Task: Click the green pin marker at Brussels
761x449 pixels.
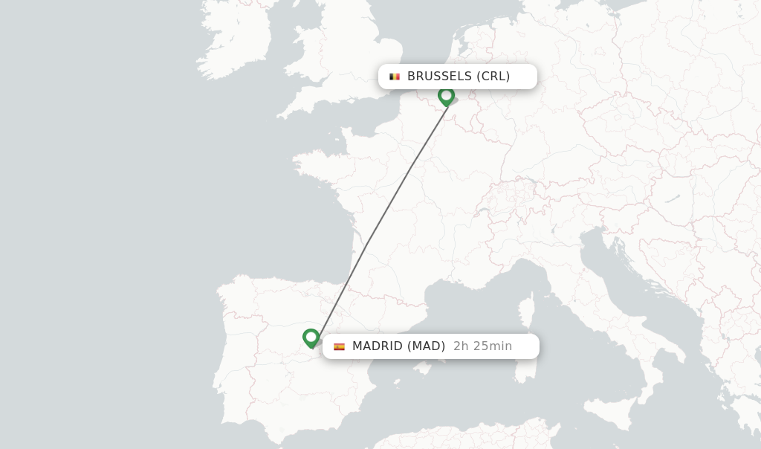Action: pyautogui.click(x=446, y=96)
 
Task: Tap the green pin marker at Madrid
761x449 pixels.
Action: pyautogui.click(x=311, y=337)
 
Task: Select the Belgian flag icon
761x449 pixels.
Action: pyautogui.click(x=395, y=77)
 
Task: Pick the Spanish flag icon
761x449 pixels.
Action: pyautogui.click(x=339, y=346)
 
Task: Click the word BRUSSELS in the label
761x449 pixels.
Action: pyautogui.click(x=439, y=76)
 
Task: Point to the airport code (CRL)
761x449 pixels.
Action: pyautogui.click(x=493, y=76)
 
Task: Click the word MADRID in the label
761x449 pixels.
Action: pyautogui.click(x=378, y=346)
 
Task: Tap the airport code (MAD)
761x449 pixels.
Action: pyautogui.click(x=427, y=346)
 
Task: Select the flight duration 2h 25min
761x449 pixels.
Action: pyautogui.click(x=482, y=346)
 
